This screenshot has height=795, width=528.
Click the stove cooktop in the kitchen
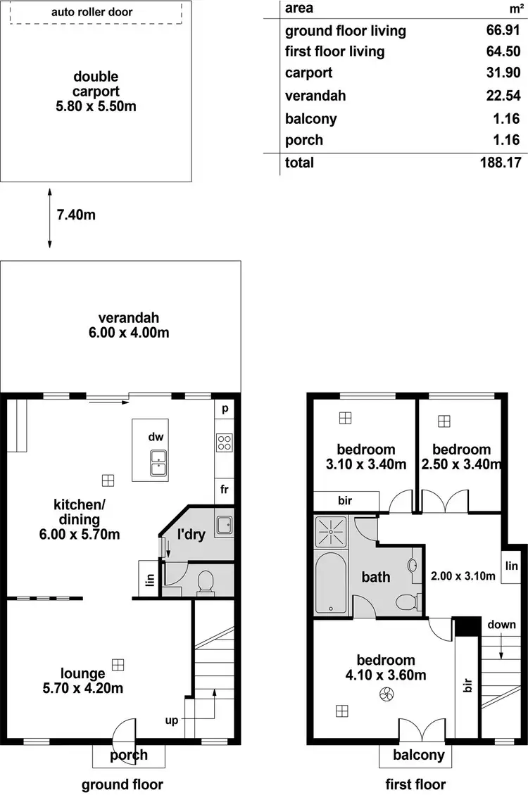(x=224, y=443)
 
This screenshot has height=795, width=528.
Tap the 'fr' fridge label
(x=224, y=489)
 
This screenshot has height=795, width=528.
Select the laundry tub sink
(x=225, y=525)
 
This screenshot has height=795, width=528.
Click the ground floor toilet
(x=205, y=583)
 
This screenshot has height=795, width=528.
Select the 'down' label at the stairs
(x=501, y=625)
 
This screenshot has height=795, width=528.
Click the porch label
(x=129, y=756)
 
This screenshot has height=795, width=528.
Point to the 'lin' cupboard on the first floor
(x=511, y=566)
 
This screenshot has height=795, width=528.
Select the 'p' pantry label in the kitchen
(x=225, y=409)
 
